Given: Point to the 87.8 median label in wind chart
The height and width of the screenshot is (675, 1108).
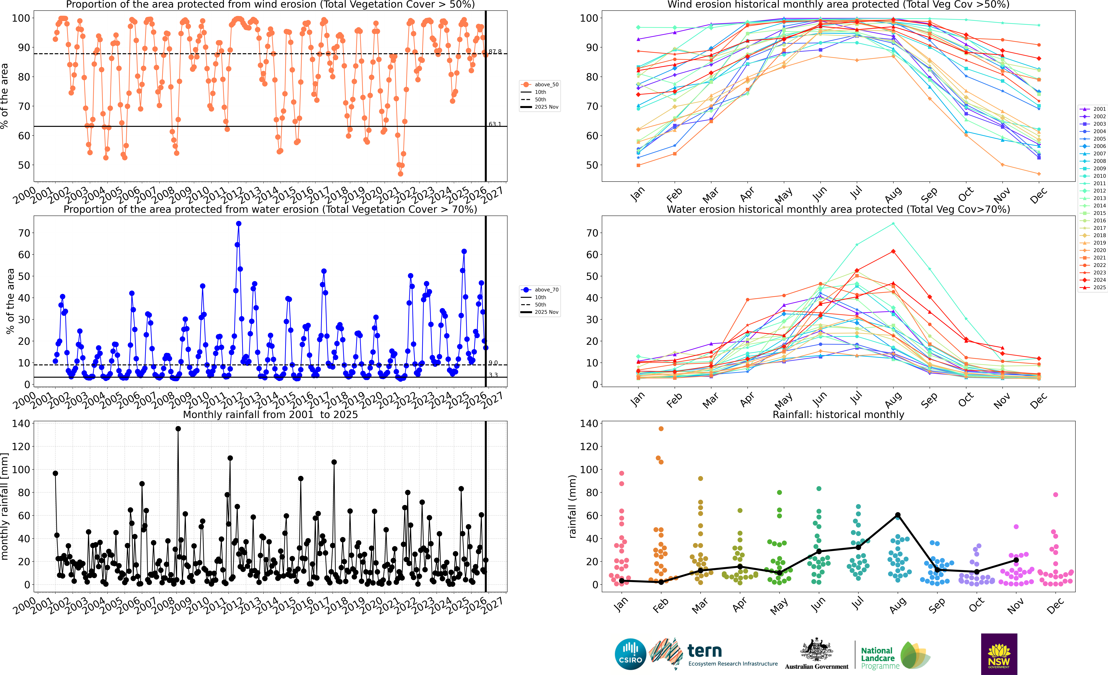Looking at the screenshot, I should (x=495, y=52).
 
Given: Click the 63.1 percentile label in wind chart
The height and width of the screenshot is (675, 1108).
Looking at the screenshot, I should (x=495, y=124).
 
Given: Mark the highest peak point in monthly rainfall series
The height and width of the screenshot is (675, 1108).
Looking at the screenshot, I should (x=178, y=429).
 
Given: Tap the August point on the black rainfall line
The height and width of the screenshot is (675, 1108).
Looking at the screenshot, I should (x=898, y=515).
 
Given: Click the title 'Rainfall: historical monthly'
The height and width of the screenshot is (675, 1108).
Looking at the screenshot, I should (x=838, y=414).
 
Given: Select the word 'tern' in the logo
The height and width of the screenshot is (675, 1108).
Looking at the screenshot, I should (x=705, y=651).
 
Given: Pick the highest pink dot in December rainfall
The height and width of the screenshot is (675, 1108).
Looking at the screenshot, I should (x=1055, y=495).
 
